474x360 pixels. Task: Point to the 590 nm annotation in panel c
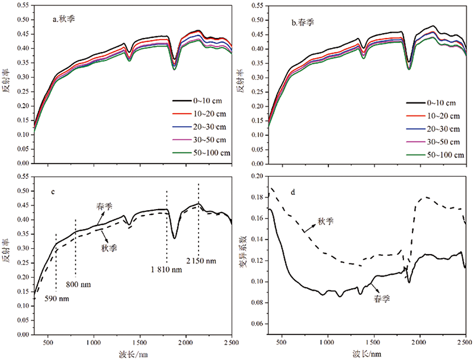point(57,298)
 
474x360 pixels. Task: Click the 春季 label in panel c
point(105,207)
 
